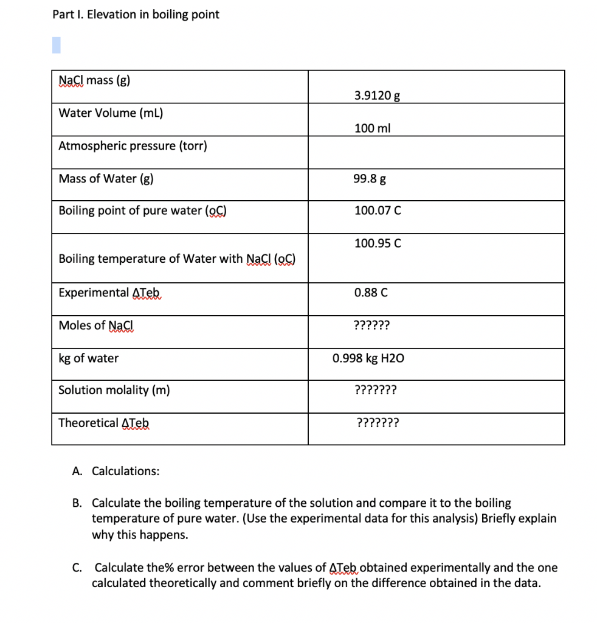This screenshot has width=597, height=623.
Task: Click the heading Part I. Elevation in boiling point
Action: coord(136,15)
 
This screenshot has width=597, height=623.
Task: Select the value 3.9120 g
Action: coord(377,96)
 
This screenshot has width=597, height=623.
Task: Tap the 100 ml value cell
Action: coord(372,128)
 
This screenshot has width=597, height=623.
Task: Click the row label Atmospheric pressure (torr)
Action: coord(133,146)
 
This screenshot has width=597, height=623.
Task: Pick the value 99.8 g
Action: coord(370,179)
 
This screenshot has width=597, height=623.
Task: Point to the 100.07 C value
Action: coord(378,211)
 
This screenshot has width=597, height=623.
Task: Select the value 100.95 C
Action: coord(378,243)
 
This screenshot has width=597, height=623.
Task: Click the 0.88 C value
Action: coord(371,293)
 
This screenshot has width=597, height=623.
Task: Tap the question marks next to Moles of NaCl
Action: coord(371,325)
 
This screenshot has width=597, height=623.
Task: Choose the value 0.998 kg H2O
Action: coord(368,358)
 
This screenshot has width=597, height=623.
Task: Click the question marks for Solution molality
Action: coord(375,390)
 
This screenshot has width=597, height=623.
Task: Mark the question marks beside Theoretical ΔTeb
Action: coord(378,423)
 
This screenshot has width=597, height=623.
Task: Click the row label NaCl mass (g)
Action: coord(94,80)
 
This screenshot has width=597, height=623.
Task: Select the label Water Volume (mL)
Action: coord(111,113)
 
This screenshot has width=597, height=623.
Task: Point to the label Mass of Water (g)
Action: coord(106,179)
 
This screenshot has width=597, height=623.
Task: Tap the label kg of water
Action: coord(89,358)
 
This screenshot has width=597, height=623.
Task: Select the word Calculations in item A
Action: coord(126,471)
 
